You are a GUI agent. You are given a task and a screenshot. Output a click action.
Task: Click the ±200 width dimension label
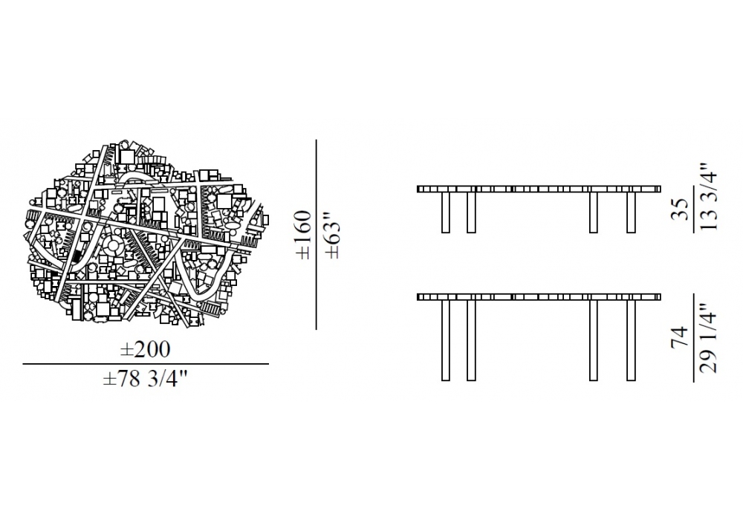tap(145, 350)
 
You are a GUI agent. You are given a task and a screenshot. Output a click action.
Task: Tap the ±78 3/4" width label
tap(146, 380)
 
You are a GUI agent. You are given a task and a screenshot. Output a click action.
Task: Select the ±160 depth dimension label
tap(303, 235)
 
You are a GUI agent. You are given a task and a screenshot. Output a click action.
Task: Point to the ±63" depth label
tap(333, 239)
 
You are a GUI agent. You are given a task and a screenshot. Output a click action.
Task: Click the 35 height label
tap(680, 209)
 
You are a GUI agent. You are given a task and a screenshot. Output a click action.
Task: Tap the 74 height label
tap(680, 337)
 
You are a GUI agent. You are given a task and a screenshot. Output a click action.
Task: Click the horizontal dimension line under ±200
tap(146, 364)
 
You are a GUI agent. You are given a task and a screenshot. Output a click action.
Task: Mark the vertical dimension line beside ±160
tap(316, 235)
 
